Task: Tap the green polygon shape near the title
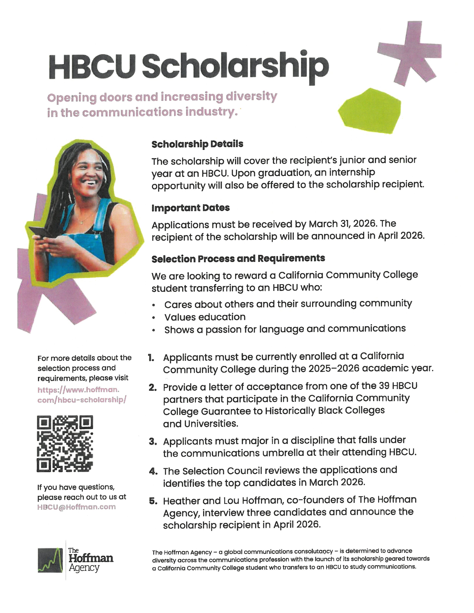click(x=370, y=111)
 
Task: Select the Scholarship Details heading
click(x=197, y=144)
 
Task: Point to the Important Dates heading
click(x=190, y=208)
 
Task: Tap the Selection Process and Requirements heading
click(x=238, y=259)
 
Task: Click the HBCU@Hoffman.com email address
click(x=76, y=507)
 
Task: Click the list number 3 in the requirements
click(x=153, y=442)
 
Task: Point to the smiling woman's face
click(x=87, y=171)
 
